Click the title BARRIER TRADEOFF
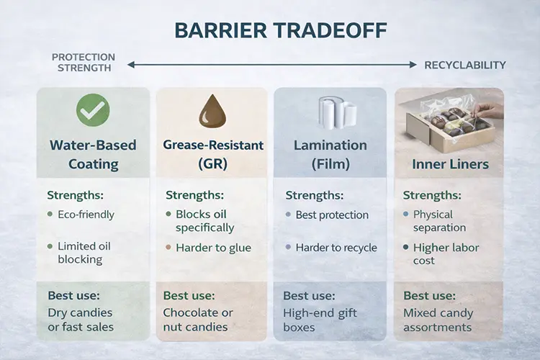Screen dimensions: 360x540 point(269,31)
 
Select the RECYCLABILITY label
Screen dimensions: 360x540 point(464,65)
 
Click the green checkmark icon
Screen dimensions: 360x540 point(93,110)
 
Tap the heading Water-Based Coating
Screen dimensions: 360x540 point(94,154)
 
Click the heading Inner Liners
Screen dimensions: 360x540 point(450,164)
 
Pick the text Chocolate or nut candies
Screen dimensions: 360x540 point(199,320)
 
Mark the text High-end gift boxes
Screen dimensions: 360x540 point(320,320)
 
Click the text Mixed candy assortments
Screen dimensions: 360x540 point(438,320)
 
